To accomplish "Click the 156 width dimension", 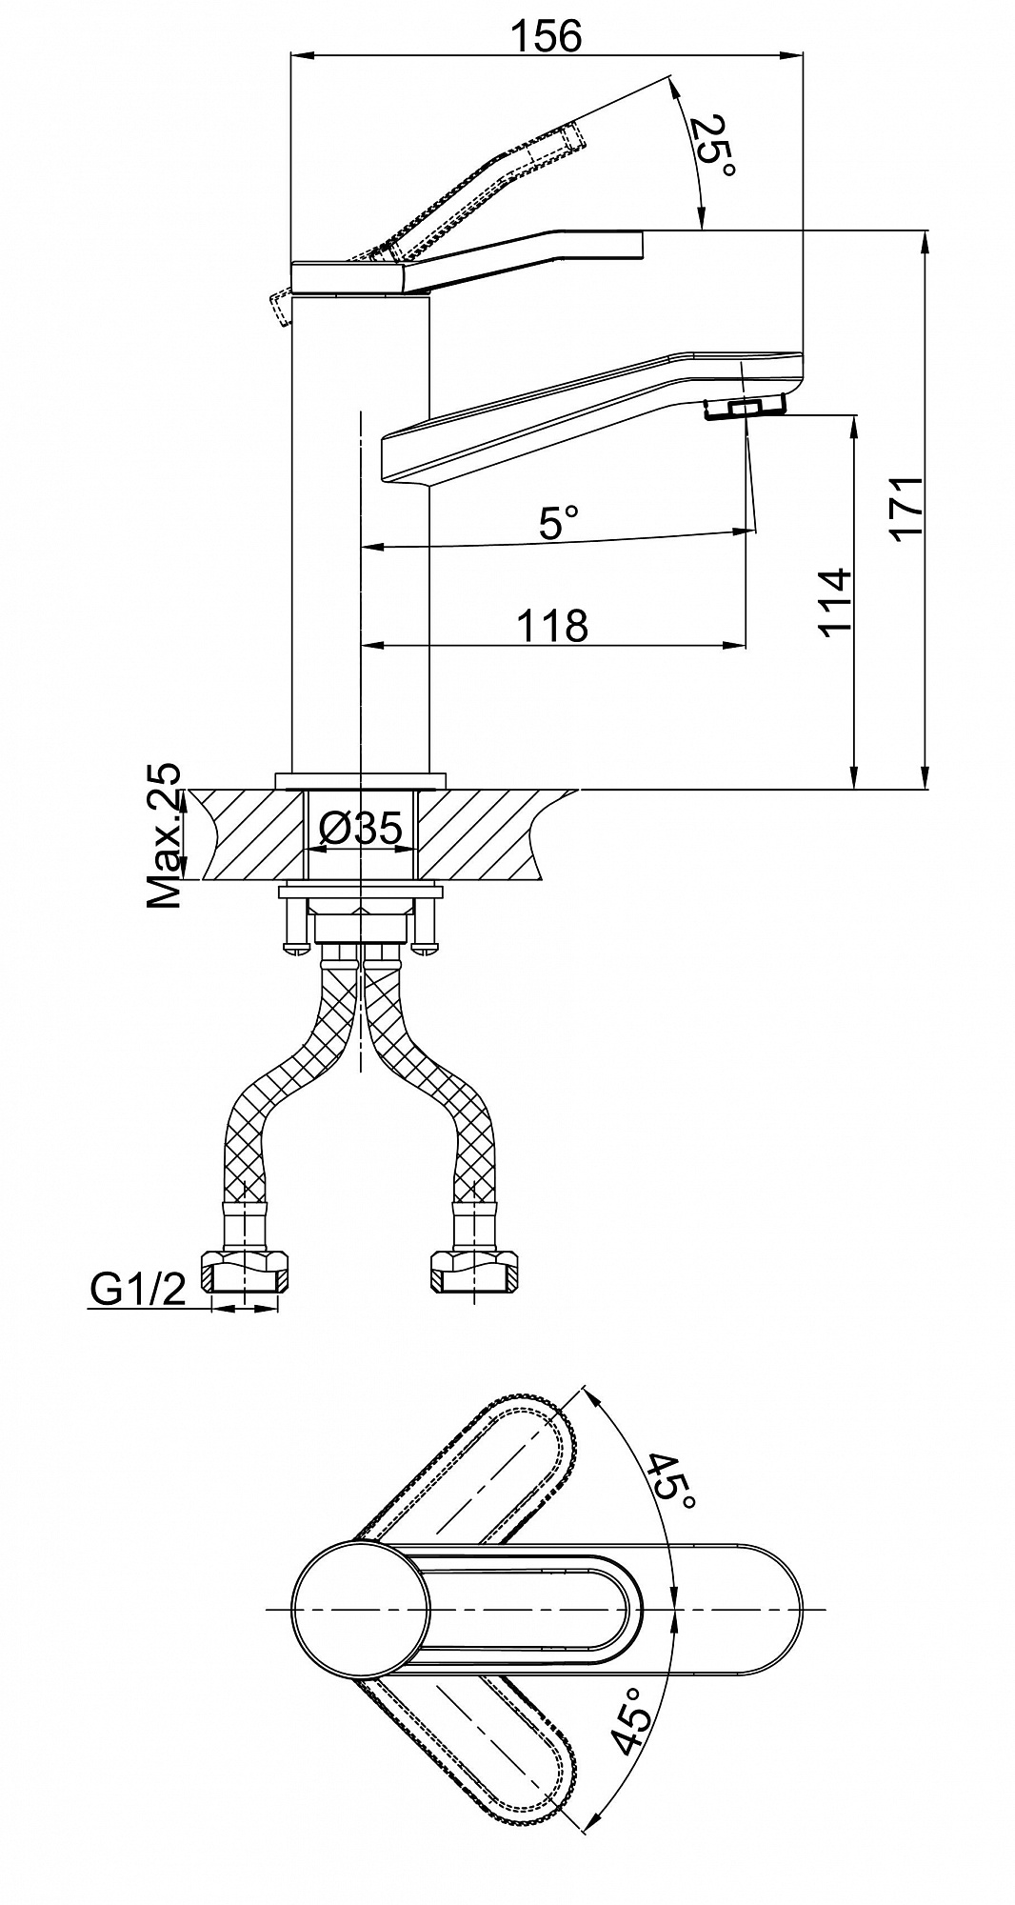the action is (x=546, y=35).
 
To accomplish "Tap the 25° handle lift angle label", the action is (x=712, y=145).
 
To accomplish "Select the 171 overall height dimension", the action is (x=908, y=508).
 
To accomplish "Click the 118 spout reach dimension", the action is (x=552, y=626).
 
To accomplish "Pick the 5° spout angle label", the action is (x=558, y=522).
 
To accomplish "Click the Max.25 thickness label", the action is (x=163, y=835).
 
